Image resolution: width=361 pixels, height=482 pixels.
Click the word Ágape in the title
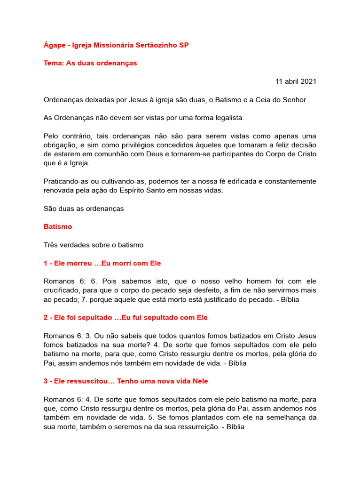click(x=54, y=45)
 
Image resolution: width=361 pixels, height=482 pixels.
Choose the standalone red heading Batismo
click(x=58, y=226)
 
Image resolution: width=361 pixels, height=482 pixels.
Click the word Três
click(x=52, y=245)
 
